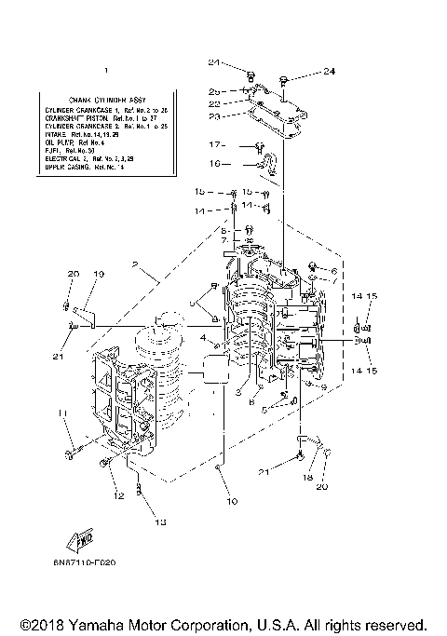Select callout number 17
[215, 144]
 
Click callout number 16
[214, 163]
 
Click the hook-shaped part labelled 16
[268, 166]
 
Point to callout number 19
[98, 274]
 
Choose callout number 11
[61, 413]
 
